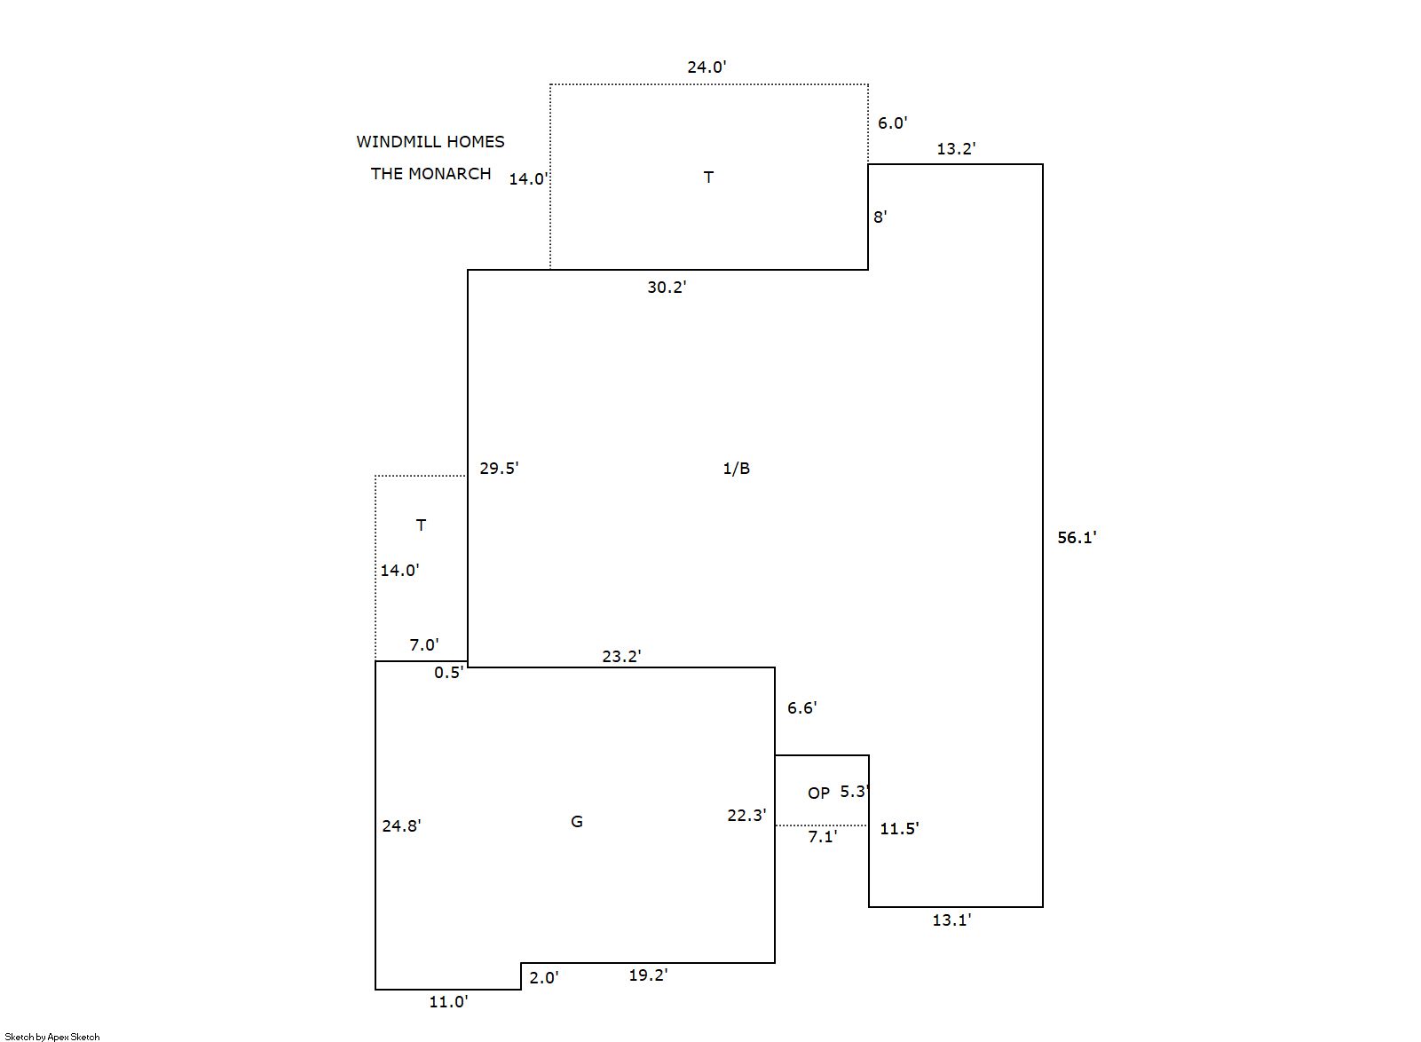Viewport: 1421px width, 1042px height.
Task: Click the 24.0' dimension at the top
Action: coord(707,67)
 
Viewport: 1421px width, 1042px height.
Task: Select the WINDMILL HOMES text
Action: coord(430,141)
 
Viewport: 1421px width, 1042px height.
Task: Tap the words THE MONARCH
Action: coord(430,173)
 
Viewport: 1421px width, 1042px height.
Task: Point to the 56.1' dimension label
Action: coord(1077,537)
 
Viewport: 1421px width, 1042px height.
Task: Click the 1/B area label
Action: coord(736,469)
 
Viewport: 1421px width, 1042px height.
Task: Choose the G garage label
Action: coord(576,822)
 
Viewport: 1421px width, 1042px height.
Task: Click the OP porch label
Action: coord(818,793)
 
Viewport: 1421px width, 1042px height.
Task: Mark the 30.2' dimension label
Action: coord(667,288)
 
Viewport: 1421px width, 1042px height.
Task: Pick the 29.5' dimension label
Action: coord(499,469)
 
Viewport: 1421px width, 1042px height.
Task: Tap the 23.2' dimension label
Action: coord(621,657)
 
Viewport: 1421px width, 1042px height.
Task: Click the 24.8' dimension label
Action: coord(401,826)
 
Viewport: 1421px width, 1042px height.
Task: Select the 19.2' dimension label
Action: coord(648,975)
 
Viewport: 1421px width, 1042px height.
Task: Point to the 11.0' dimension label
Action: coord(448,1002)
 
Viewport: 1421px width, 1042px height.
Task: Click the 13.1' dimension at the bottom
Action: coord(951,920)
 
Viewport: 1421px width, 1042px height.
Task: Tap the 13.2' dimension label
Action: coord(956,149)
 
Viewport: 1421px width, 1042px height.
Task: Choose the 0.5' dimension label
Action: coord(449,673)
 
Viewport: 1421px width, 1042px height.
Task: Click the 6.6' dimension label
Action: coord(801,708)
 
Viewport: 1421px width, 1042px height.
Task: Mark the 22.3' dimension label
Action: coord(746,816)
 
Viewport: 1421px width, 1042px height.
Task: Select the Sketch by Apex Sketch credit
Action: coord(52,1037)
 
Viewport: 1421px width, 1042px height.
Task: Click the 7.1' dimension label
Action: coord(822,837)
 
